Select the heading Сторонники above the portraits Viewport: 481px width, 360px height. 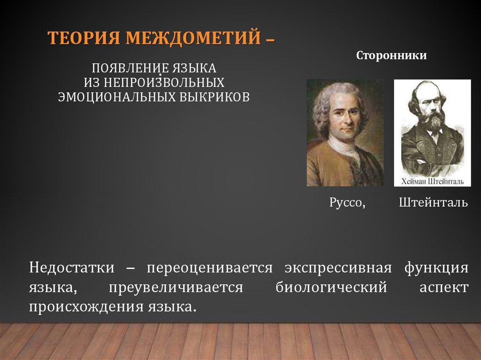click(x=391, y=56)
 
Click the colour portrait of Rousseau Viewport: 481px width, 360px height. click(x=345, y=133)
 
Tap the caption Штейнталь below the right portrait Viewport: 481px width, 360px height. click(x=433, y=203)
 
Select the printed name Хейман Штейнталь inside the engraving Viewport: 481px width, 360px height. click(x=432, y=181)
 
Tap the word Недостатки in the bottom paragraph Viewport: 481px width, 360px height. click(x=71, y=268)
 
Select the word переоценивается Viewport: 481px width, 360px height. click(x=209, y=268)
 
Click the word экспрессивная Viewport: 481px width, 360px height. click(x=338, y=268)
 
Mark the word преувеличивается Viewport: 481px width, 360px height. click(x=176, y=287)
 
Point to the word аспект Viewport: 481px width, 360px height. click(x=444, y=287)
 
